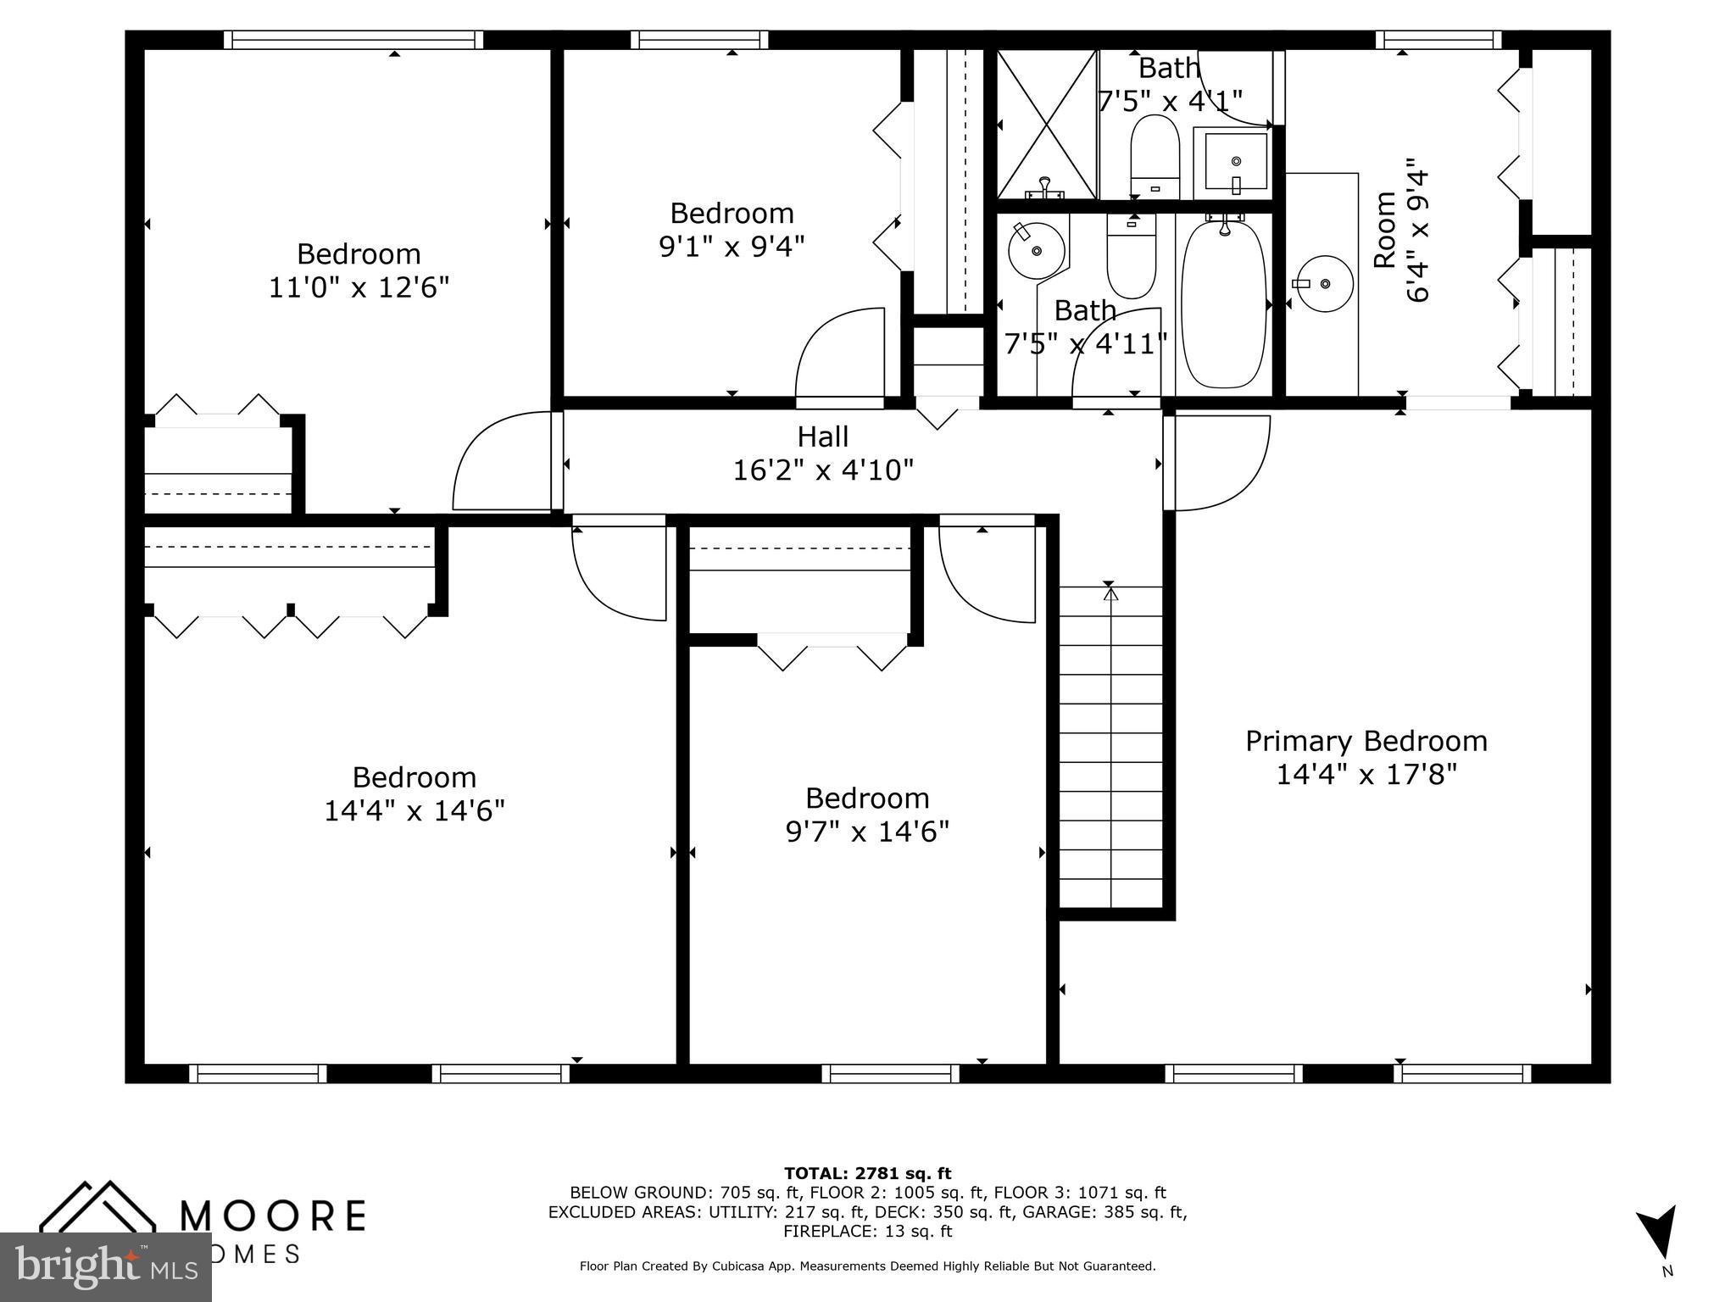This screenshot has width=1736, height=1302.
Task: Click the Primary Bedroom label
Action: pos(1366,742)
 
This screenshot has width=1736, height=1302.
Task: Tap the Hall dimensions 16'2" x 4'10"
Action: pos(822,470)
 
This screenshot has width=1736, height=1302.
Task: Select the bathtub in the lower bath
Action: pos(1223,304)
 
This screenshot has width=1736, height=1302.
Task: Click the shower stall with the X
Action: pos(1047,125)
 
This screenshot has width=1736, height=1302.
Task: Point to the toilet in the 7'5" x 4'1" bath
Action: pos(1155,157)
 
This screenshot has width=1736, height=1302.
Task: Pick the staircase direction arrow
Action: pos(1110,593)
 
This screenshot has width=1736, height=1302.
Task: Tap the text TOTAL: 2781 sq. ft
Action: pos(867,1174)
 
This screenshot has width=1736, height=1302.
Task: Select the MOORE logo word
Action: pos(274,1216)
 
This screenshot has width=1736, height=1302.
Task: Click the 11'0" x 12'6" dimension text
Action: pos(359,288)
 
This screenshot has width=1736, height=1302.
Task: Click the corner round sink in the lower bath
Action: pos(1036,249)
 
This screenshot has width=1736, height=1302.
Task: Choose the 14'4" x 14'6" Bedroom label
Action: pos(414,777)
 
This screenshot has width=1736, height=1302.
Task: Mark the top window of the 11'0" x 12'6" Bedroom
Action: pos(353,40)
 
